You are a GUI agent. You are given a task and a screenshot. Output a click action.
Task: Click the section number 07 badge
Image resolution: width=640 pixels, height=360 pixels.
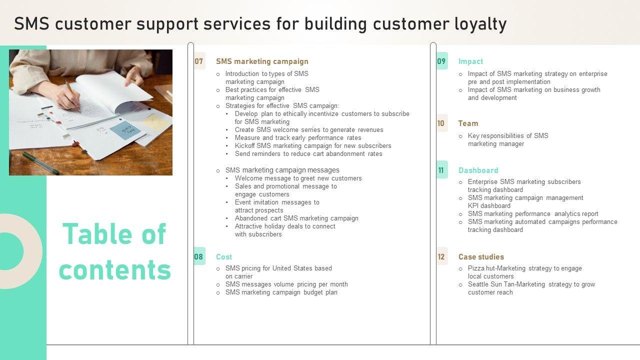pos(199,61)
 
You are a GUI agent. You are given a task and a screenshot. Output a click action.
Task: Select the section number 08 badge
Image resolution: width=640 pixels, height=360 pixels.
pos(199,256)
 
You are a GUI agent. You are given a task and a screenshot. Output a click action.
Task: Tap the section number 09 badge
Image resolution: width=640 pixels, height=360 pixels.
pos(441,61)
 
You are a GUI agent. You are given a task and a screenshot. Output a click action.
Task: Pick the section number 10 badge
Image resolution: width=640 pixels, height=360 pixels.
pos(441,123)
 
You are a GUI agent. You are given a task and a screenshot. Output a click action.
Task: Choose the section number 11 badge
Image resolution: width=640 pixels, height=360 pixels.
pos(441,170)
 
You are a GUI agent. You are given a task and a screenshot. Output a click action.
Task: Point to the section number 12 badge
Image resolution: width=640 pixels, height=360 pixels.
pos(441,256)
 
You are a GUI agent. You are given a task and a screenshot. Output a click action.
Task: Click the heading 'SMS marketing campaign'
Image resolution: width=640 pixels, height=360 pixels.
pos(262,61)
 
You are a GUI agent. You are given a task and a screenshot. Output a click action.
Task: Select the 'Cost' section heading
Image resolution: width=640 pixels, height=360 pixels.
pos(224,256)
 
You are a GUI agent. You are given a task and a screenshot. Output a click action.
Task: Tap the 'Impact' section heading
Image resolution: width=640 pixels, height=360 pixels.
pos(470,61)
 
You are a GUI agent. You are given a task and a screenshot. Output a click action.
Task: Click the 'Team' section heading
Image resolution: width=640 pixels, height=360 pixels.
pos(468,123)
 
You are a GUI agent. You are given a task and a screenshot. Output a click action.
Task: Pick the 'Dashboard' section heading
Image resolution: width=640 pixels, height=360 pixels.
pos(478,170)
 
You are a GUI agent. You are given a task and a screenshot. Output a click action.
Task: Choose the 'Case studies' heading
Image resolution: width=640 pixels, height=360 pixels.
pos(481,256)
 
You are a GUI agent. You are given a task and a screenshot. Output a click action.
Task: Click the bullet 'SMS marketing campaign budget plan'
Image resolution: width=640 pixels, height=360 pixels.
pos(281,292)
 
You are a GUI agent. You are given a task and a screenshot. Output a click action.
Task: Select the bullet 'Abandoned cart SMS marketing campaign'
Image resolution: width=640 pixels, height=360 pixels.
pos(296,218)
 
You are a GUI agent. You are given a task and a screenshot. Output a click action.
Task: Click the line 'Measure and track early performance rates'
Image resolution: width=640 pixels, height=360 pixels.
pos(298,137)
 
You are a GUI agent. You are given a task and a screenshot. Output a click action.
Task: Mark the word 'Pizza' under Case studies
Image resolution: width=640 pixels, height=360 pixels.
pos(476,268)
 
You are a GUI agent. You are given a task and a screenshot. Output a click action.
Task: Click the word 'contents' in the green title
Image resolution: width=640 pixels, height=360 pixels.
pos(115,269)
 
